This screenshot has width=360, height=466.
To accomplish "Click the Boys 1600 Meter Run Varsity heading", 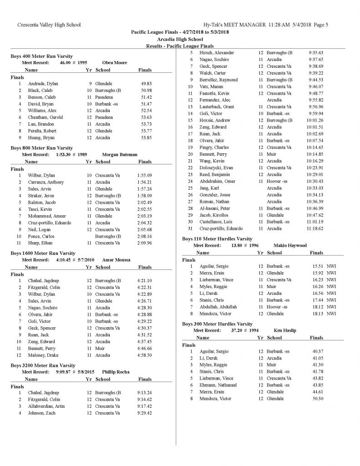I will (43, 253).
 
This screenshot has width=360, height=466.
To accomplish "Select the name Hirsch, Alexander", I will (218, 53).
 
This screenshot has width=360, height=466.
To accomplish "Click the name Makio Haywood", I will (290, 245).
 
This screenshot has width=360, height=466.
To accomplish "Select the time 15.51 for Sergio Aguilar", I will (316, 266).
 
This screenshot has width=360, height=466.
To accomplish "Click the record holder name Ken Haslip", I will (285, 330).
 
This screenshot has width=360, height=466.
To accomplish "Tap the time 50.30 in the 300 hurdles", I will (317, 399).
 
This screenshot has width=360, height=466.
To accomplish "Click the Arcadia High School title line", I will (180, 39).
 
